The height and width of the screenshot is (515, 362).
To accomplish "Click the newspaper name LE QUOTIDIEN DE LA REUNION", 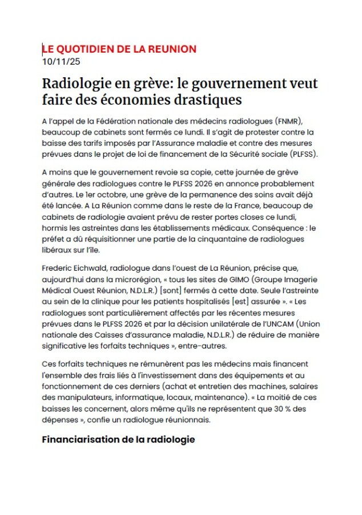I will pos(119,49).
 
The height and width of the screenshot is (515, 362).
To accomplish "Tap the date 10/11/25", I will pos(62,61).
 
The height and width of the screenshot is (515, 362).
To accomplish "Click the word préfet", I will pos(55,237).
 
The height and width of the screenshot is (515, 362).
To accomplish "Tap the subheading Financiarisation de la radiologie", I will pos(119,439).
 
